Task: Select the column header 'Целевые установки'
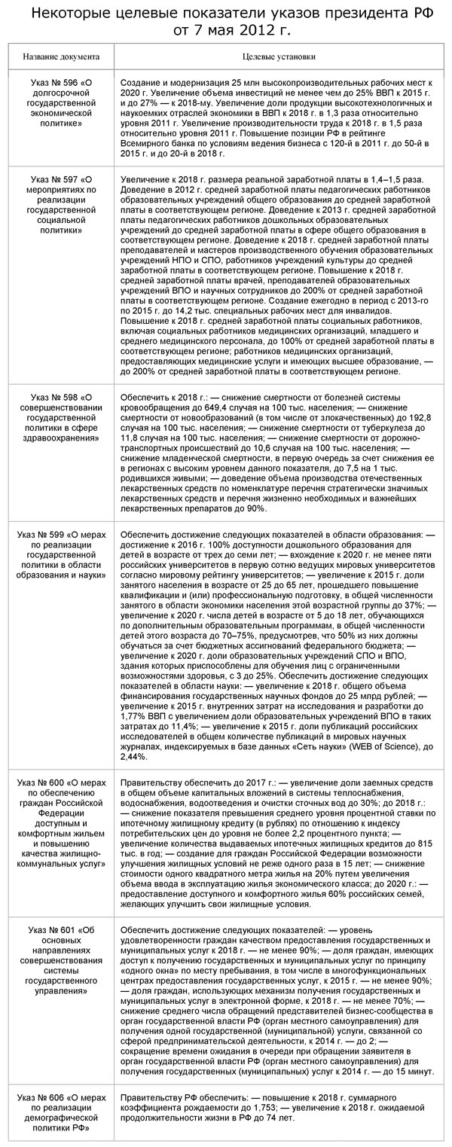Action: coord(279,56)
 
